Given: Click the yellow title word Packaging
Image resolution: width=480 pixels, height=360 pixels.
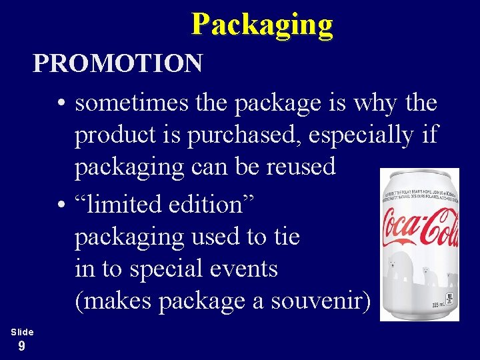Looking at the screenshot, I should (261, 25).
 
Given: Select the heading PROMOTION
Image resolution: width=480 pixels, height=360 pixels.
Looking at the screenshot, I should (117, 64).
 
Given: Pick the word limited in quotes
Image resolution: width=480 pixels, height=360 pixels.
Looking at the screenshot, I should (121, 205).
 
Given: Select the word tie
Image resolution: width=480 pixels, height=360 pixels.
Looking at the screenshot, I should (285, 237).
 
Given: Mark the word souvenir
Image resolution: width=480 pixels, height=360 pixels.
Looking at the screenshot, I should (320, 301).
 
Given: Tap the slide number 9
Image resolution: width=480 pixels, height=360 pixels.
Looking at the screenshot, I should (22, 345).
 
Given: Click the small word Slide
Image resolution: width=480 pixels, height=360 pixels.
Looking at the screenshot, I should (22, 331).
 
